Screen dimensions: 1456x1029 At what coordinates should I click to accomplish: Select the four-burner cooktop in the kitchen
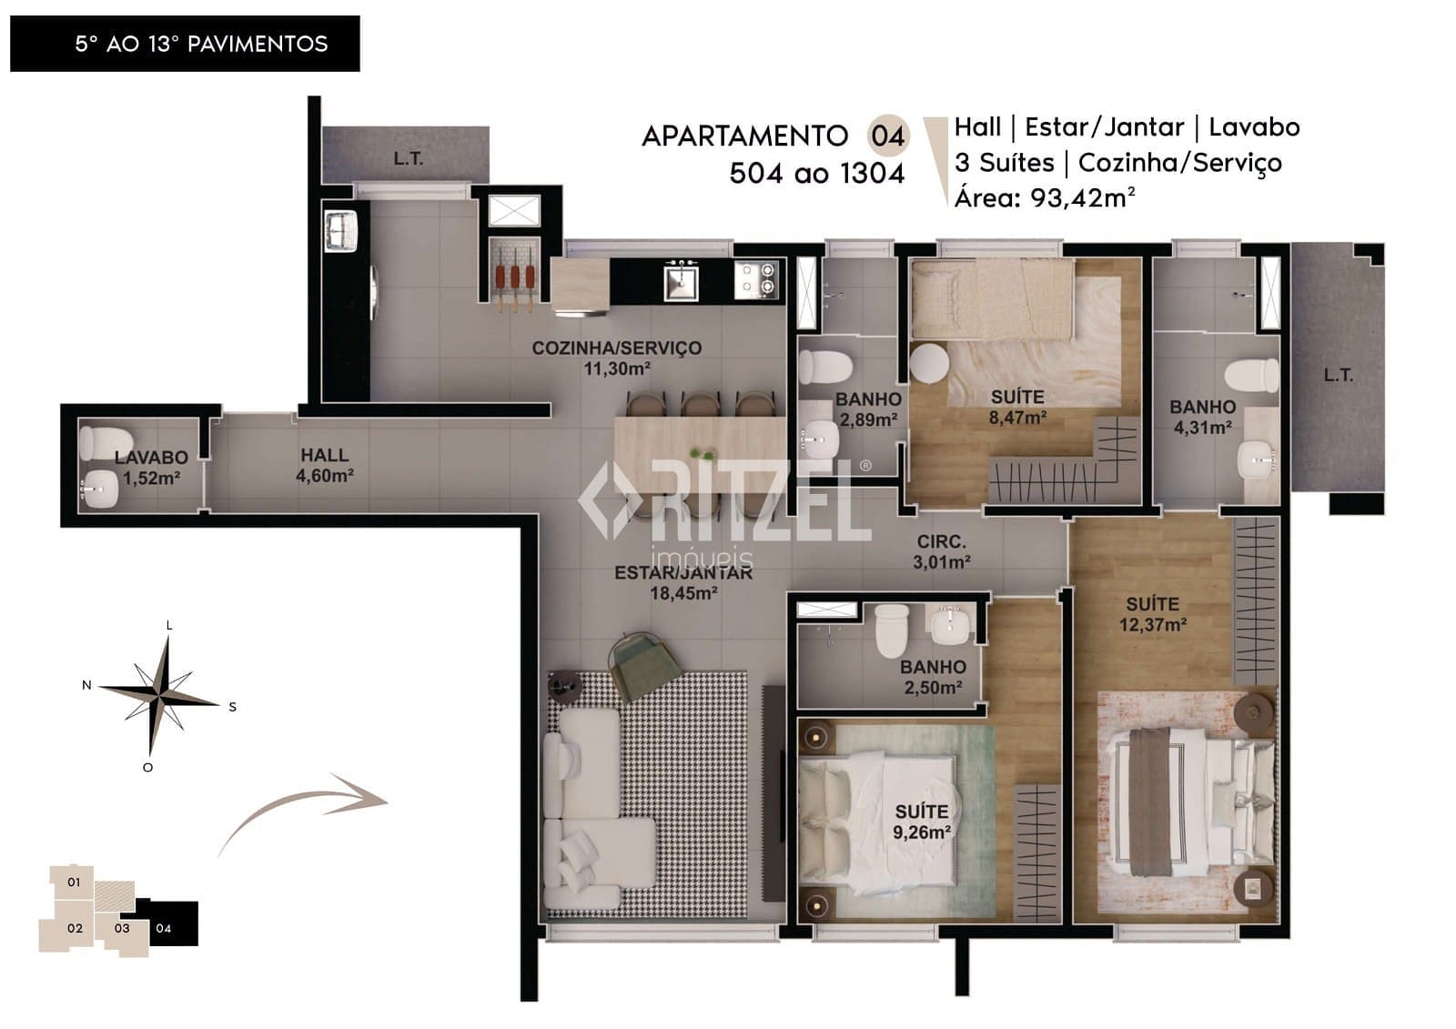[x=756, y=279]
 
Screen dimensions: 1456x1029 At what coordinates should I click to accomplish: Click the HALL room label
[x=324, y=454]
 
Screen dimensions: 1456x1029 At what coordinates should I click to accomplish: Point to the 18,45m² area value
[x=683, y=593]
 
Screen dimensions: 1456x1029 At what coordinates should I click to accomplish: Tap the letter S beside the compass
[x=232, y=707]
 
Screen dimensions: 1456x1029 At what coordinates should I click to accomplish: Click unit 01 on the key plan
[x=73, y=883]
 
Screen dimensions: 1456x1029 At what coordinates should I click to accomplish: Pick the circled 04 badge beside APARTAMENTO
[x=888, y=136]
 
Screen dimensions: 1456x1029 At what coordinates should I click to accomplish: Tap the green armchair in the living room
[x=643, y=665]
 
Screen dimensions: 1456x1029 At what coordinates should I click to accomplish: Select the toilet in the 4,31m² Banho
[x=1251, y=375]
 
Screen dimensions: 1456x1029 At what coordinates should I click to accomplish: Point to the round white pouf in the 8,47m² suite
[x=929, y=363]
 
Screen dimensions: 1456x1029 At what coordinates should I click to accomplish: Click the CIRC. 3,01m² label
[x=942, y=551]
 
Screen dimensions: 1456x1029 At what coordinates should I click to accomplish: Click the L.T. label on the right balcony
[x=1339, y=375]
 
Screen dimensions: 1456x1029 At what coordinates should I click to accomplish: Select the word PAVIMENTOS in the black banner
[x=258, y=45]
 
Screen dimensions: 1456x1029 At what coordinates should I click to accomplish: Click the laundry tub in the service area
[x=340, y=230]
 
